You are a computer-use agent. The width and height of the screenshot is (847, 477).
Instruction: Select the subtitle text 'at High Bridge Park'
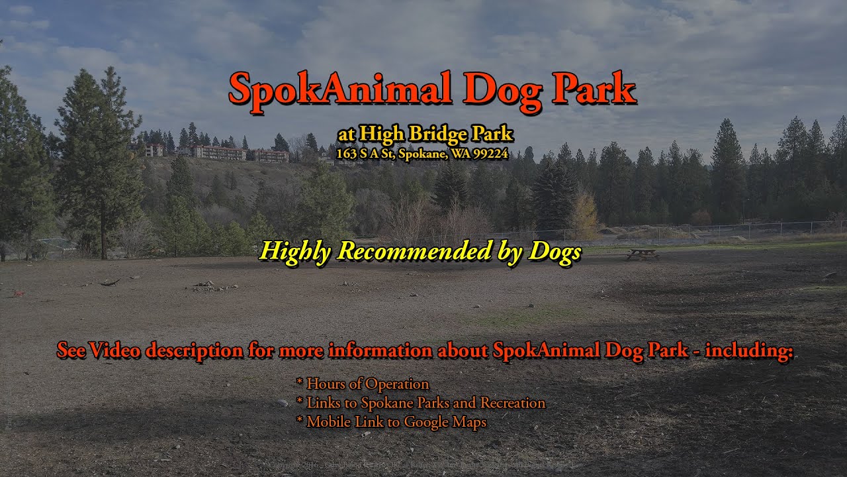425,134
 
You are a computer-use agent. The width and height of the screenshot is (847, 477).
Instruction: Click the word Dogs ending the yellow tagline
555,251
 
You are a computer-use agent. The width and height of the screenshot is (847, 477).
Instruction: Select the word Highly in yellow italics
294,251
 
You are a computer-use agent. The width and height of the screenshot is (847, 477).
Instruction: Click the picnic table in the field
642,254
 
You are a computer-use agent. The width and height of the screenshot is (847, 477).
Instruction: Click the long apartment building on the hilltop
219,153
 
